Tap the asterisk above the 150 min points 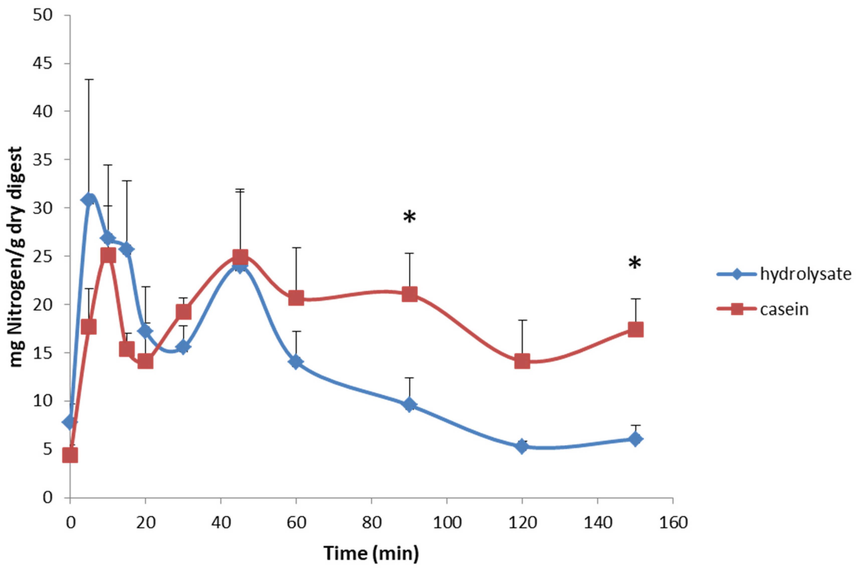[x=634, y=264]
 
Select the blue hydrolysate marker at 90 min [x=409, y=405]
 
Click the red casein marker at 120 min [x=522, y=361]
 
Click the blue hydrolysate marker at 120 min [x=522, y=446]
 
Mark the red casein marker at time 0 [x=70, y=455]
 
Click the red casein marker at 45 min [x=240, y=257]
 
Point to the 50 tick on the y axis [x=43, y=16]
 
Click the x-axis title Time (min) [x=371, y=553]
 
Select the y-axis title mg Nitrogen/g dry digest [x=16, y=257]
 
